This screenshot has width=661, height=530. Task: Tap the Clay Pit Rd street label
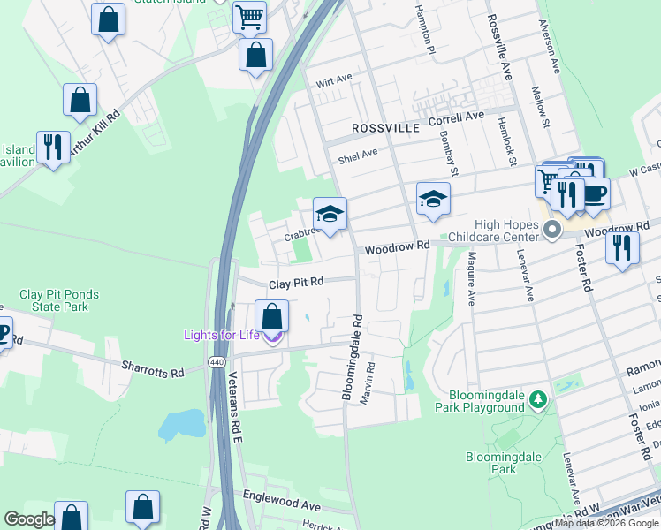click(x=296, y=283)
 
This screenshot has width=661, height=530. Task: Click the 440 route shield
click(x=216, y=362)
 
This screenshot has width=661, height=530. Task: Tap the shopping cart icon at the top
click(x=249, y=16)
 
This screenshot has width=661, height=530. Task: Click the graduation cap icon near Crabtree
click(x=330, y=214)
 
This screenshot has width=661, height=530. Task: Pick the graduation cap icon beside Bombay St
click(x=433, y=199)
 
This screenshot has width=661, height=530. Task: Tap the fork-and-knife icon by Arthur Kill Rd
click(x=53, y=148)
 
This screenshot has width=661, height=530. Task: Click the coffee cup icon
click(x=594, y=193)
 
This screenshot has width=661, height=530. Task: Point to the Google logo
click(x=29, y=519)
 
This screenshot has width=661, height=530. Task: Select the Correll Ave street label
click(x=457, y=117)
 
